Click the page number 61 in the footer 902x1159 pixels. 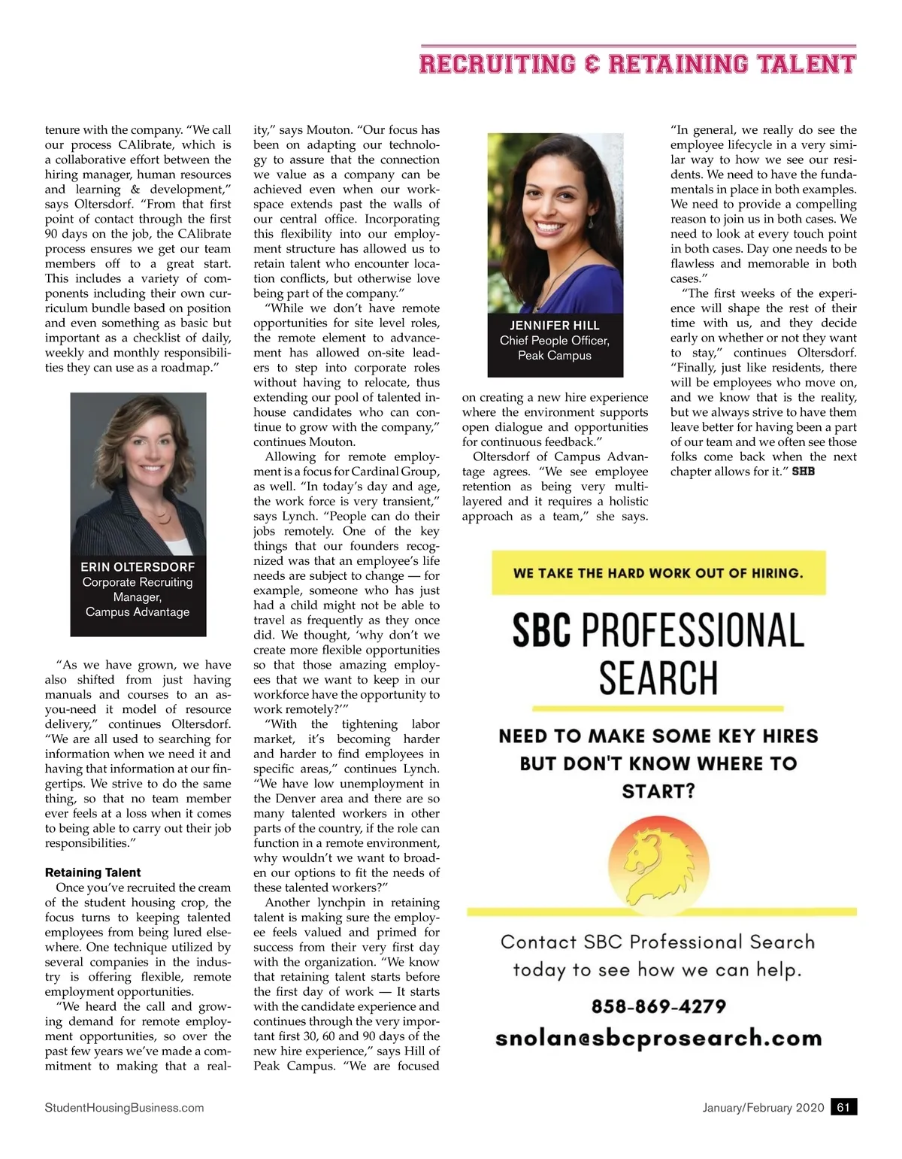click(x=843, y=1107)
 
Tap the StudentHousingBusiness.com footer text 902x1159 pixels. click(x=124, y=1107)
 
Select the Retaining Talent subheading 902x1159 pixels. click(x=92, y=872)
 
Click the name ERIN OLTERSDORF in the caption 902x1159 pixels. click(x=138, y=567)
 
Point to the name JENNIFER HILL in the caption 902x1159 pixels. click(x=555, y=326)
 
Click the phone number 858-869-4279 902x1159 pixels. click(x=658, y=1006)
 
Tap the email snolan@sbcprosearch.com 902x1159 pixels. click(x=658, y=1039)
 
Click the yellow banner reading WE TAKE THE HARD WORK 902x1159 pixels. click(x=658, y=573)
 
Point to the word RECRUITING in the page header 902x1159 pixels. click(x=497, y=64)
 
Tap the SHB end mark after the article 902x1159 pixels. click(x=804, y=472)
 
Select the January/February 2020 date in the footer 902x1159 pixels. click(x=763, y=1107)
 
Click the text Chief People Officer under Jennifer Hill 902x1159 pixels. click(x=555, y=341)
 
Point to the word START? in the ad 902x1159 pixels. click(x=658, y=791)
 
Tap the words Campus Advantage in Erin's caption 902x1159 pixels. click(x=138, y=612)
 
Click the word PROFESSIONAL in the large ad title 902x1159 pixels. click(x=693, y=630)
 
